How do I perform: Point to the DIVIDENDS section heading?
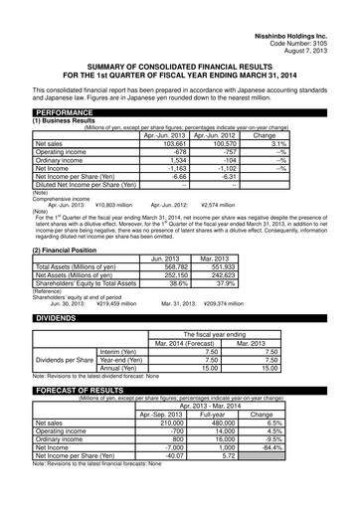(59, 345)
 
